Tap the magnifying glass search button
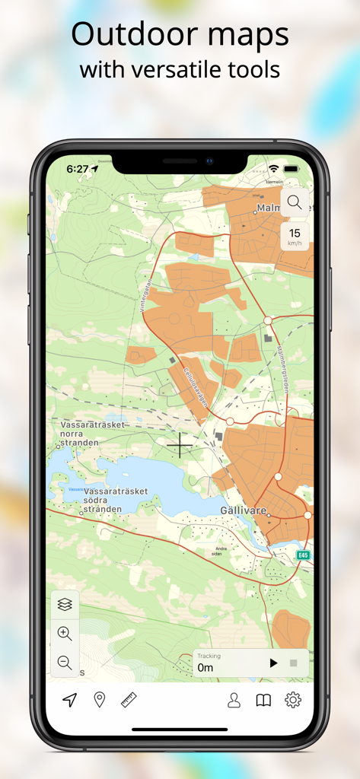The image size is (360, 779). [x=295, y=202]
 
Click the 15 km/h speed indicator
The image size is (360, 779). [x=295, y=237]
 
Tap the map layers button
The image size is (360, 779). [x=65, y=604]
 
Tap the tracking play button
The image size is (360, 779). [x=273, y=663]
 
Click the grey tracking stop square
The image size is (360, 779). [x=294, y=663]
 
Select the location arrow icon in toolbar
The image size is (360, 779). [x=70, y=700]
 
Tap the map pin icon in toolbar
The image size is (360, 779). [x=99, y=700]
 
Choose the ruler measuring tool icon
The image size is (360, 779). [x=129, y=700]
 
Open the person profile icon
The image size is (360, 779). [x=234, y=701]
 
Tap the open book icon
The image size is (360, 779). [x=263, y=701]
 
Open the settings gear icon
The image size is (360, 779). [x=293, y=701]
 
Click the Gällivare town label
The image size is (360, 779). [x=244, y=510]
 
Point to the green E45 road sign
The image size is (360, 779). [x=304, y=555]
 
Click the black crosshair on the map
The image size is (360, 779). [x=180, y=445]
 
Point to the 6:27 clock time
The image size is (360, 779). [x=78, y=169]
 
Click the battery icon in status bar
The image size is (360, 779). [x=292, y=168]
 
